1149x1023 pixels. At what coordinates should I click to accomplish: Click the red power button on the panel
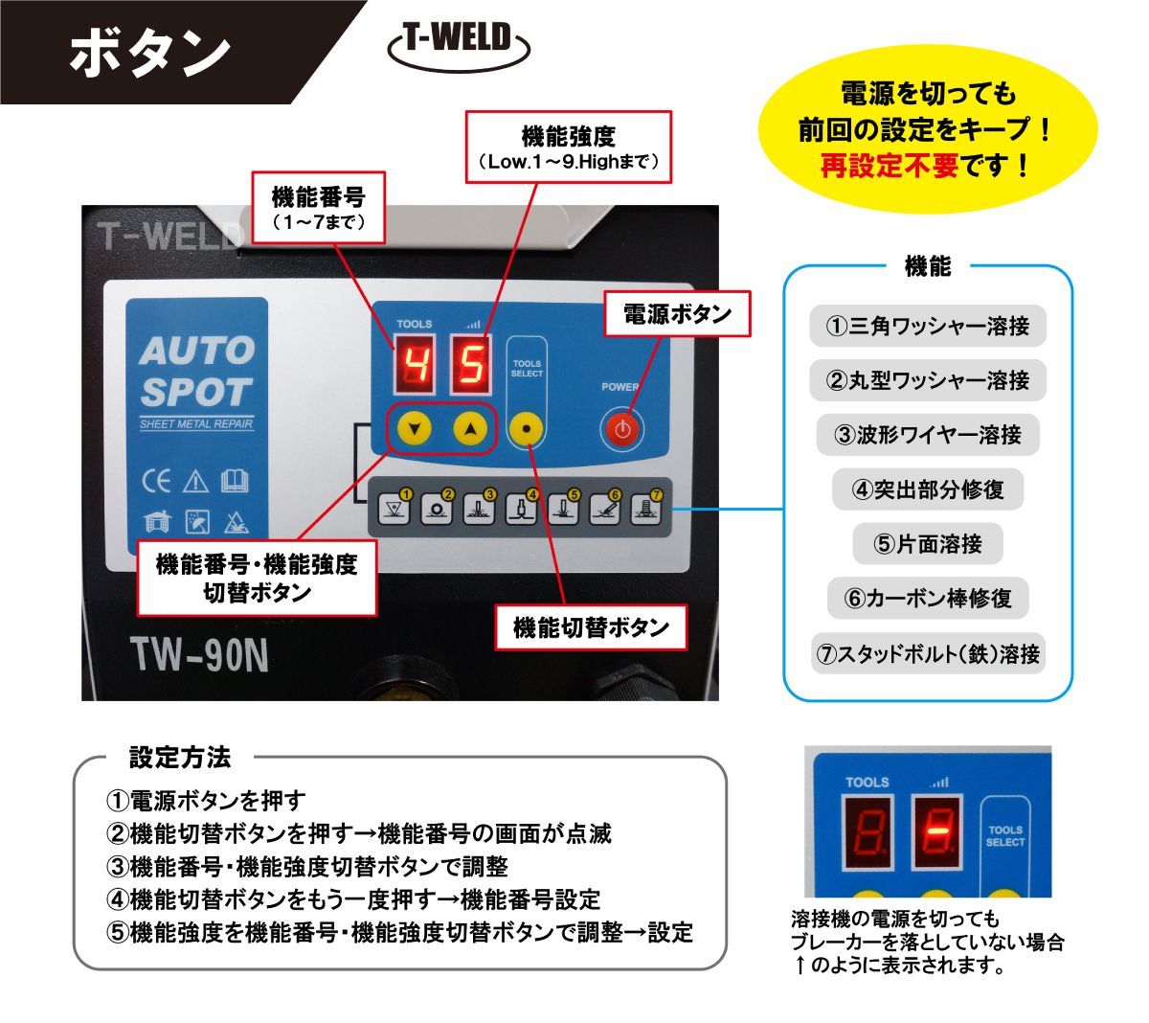point(622,428)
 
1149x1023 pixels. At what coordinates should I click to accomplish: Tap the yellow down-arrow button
point(414,428)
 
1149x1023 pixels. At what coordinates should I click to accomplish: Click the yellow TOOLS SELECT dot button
point(526,429)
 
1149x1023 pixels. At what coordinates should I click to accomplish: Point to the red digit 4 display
point(415,364)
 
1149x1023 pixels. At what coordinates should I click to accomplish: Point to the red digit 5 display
point(470,364)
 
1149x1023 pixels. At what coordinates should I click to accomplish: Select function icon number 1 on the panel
point(394,508)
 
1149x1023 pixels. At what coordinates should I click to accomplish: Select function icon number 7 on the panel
point(645,508)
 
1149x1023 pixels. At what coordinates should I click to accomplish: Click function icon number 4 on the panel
point(520,508)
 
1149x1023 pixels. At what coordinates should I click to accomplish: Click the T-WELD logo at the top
point(459,46)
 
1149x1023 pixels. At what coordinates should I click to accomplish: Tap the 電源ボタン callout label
point(677,314)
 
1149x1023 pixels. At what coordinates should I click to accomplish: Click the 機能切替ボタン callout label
point(591,627)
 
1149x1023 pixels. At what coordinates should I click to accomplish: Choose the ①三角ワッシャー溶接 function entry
point(927,326)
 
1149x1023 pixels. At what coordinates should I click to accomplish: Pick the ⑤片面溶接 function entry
point(927,543)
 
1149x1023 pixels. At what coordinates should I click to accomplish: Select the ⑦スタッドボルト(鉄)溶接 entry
point(928,653)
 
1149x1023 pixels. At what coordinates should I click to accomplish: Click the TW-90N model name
point(199,655)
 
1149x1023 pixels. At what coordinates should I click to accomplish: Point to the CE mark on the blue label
point(156,481)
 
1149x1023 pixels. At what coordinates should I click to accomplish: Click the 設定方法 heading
point(180,758)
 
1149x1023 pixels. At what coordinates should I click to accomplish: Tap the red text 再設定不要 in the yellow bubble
point(890,166)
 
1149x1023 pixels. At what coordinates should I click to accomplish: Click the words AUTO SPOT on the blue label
point(197,371)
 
